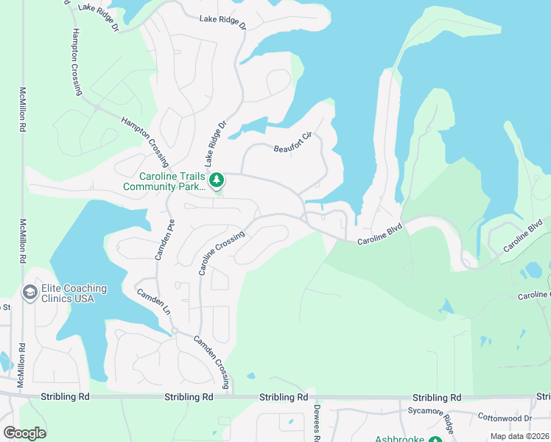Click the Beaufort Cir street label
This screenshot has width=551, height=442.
coord(294,141)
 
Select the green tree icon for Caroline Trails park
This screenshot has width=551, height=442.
coord(217,180)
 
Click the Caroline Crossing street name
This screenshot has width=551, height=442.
coord(221,253)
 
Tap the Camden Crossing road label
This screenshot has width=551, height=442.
coord(212,362)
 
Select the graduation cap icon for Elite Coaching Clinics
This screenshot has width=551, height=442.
coord(31,293)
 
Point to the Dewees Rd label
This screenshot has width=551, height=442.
coord(317,423)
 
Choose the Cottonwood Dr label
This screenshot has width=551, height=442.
coord(505,416)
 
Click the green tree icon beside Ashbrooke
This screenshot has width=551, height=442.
coord(435,439)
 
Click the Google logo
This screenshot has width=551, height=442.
coord(25,433)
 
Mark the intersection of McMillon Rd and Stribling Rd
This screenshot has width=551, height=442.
coord(22,396)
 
